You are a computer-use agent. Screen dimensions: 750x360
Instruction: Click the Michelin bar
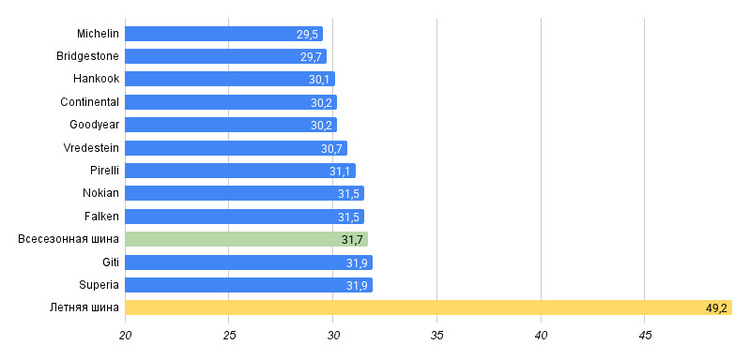click(x=224, y=33)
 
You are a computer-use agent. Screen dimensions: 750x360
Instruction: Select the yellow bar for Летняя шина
click(x=429, y=307)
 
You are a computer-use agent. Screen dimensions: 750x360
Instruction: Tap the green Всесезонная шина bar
click(x=246, y=239)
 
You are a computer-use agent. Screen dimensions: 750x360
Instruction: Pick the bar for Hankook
click(x=230, y=79)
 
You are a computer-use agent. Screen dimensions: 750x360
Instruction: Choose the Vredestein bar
click(x=236, y=148)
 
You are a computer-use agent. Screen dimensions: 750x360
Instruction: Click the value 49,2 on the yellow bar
click(x=717, y=308)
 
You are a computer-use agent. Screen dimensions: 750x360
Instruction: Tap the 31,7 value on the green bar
click(x=352, y=240)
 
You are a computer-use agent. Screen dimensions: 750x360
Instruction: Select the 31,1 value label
click(x=340, y=172)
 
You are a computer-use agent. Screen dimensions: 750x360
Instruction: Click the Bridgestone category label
click(x=88, y=56)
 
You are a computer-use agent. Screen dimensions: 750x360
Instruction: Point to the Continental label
click(x=90, y=102)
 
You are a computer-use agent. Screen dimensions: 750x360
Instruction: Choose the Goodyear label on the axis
click(x=94, y=125)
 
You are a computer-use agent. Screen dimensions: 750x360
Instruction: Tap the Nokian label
click(x=101, y=193)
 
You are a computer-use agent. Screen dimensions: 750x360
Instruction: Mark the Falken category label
click(x=101, y=216)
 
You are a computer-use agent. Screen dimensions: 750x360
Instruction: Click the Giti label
click(x=110, y=262)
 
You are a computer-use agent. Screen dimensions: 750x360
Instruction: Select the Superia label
click(x=99, y=285)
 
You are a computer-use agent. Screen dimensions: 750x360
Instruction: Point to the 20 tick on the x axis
click(x=125, y=336)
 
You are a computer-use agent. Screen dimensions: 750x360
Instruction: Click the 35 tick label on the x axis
click(x=437, y=336)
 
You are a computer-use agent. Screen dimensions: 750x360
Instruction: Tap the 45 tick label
click(x=645, y=336)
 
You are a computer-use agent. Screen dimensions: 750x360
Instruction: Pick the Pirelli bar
click(x=241, y=171)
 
